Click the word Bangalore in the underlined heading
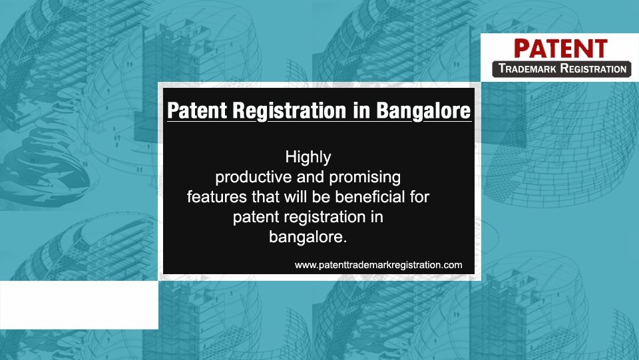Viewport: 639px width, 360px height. coord(423,110)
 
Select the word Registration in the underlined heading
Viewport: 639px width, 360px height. coord(289,110)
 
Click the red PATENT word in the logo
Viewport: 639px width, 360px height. coord(560,49)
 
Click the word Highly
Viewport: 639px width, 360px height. coord(308,158)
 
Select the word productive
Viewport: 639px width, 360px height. coord(254,178)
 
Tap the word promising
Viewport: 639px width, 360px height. coord(365,178)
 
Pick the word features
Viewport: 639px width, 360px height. coord(217,197)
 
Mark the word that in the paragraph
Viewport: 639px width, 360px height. coord(266,197)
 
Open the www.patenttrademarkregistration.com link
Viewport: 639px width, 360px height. coord(378,265)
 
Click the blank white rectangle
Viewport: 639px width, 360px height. coord(79,305)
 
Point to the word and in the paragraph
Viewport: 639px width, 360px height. coord(311,178)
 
